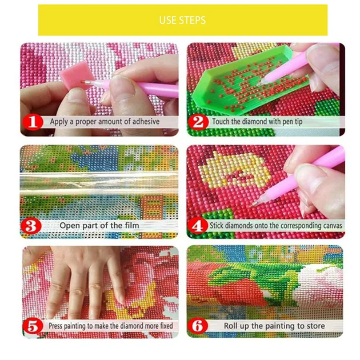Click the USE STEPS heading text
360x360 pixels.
(x=182, y=20)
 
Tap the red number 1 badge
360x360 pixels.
(x=33, y=122)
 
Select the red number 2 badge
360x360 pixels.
(x=198, y=122)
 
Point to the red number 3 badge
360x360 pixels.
(x=31, y=226)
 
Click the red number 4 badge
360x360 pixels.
(x=197, y=226)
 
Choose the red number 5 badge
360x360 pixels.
(x=33, y=326)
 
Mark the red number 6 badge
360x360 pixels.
(x=198, y=326)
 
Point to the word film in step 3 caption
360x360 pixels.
(x=132, y=226)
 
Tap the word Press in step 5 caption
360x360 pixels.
(x=55, y=326)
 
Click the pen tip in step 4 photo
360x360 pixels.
(x=253, y=204)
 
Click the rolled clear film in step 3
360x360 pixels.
(x=99, y=183)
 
